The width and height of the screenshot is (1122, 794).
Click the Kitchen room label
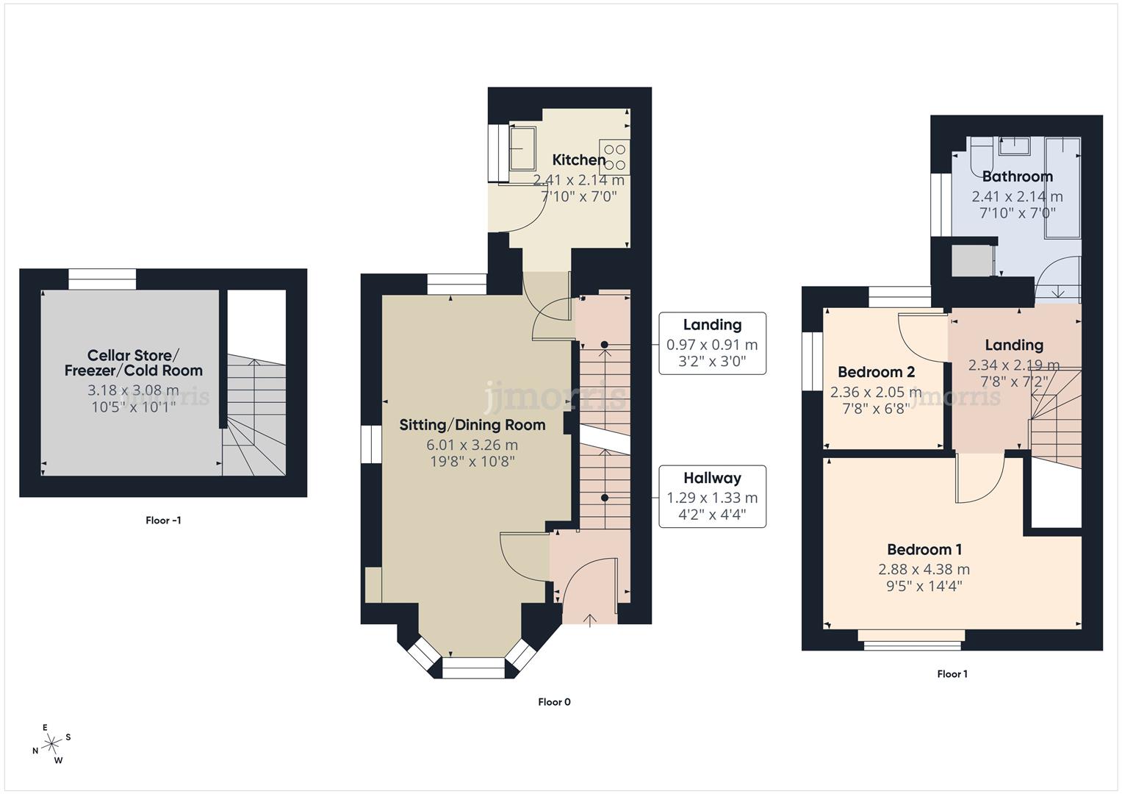(x=579, y=160)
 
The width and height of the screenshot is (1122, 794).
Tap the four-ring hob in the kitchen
(x=614, y=156)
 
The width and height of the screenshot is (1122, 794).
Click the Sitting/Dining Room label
(x=472, y=425)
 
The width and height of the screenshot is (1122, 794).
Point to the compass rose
(x=51, y=744)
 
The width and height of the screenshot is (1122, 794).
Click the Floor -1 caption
(x=163, y=521)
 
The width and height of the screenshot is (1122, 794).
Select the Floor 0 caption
(x=554, y=702)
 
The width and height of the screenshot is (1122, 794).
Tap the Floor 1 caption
(x=952, y=674)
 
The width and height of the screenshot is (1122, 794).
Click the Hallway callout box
(x=712, y=496)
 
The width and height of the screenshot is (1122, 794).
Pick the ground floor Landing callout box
(x=712, y=343)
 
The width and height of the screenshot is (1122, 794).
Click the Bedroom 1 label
(x=924, y=549)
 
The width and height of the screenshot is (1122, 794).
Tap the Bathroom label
(x=1017, y=176)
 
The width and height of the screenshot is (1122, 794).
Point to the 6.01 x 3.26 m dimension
(x=472, y=445)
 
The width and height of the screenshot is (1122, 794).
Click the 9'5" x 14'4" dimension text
(x=924, y=586)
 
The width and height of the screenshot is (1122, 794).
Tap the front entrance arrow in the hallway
(x=590, y=619)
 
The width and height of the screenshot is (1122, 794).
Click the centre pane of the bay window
(x=473, y=668)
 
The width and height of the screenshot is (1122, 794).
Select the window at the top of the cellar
(x=102, y=279)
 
